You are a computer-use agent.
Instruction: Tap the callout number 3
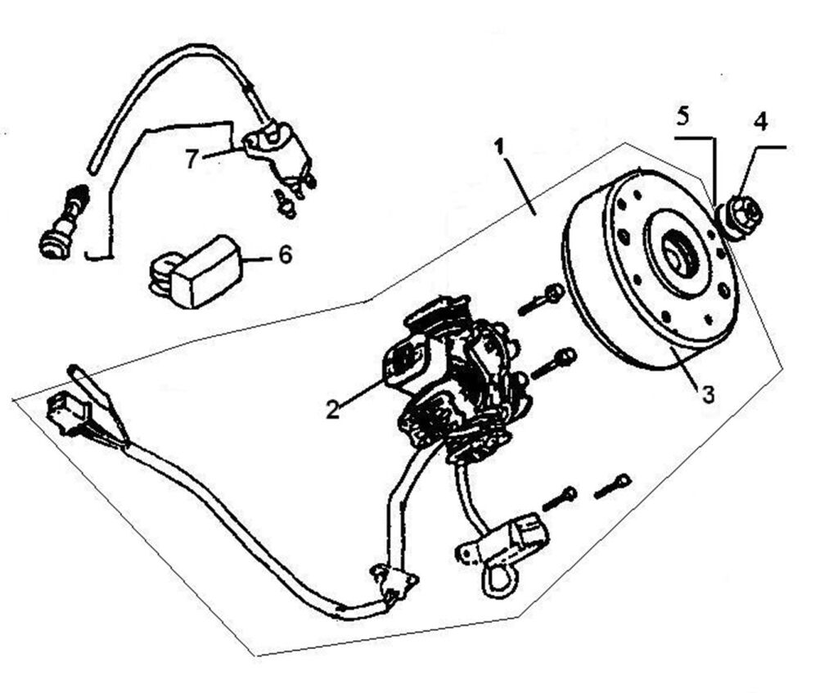tap(708, 394)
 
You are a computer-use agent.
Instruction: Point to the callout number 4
tap(760, 122)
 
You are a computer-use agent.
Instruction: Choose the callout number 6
tap(284, 254)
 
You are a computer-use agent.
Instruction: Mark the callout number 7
tap(191, 158)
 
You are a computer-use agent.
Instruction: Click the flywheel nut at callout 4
tap(741, 217)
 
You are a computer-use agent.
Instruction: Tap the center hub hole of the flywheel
tap(676, 255)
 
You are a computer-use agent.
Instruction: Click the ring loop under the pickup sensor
tap(496, 582)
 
